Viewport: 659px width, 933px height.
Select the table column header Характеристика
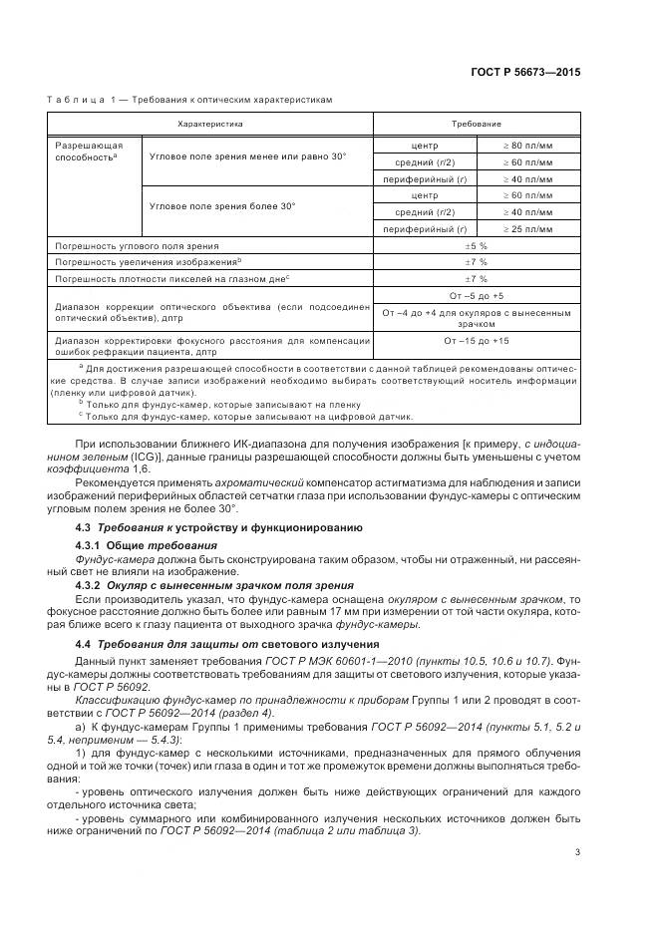pos(209,124)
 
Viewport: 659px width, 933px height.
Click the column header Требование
pos(476,124)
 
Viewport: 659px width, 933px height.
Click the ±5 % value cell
pos(476,245)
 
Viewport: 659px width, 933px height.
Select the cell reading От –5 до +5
pos(476,296)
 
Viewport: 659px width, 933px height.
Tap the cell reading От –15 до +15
pos(476,341)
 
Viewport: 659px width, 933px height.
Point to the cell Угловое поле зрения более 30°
pos(221,205)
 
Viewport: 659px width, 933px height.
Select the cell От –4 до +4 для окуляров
pos(476,318)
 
